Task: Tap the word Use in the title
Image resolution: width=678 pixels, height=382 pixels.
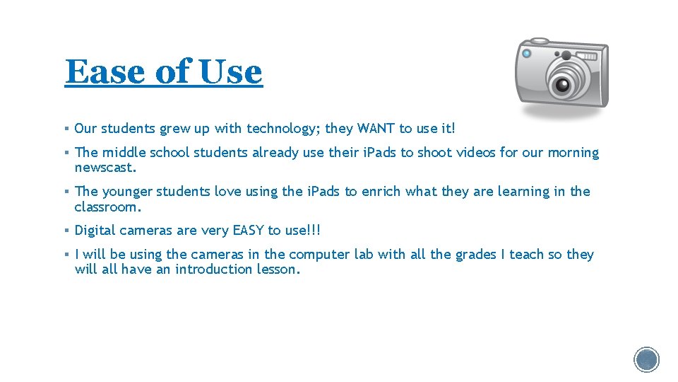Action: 230,71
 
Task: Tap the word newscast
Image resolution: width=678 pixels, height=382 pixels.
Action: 105,168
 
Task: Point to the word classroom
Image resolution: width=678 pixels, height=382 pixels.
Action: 108,207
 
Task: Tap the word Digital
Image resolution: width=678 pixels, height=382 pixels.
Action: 95,231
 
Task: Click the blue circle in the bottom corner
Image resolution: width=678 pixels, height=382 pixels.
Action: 647,359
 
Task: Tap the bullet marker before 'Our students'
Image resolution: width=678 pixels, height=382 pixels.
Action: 65,129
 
